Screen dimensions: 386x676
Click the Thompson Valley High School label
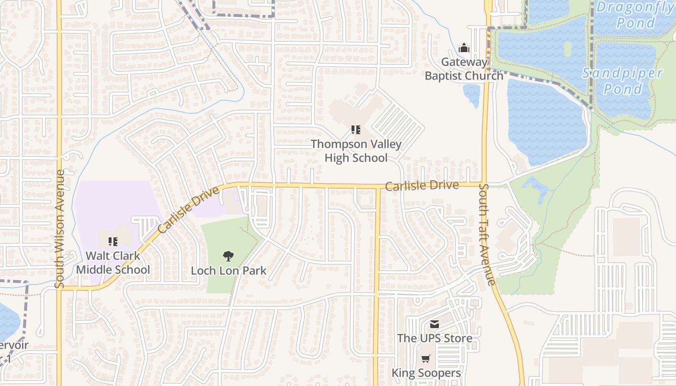[x=356, y=151]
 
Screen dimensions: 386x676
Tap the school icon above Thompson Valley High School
[x=356, y=129]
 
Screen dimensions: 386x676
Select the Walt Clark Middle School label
[x=113, y=262]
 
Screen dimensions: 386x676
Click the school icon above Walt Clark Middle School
[x=113, y=241]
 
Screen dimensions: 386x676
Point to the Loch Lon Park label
[x=228, y=270]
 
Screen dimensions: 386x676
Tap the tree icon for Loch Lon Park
[x=228, y=256]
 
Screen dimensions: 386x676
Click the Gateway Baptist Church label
[x=464, y=69]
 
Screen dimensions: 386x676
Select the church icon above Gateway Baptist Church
[x=464, y=48]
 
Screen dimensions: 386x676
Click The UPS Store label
[x=435, y=338]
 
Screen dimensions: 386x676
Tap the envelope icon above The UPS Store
[x=435, y=324]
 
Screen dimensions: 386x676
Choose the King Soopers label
[x=426, y=373]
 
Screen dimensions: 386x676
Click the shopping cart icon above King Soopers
[x=425, y=359]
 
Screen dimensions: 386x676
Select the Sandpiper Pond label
[x=623, y=81]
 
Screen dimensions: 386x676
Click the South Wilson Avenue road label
[x=60, y=229]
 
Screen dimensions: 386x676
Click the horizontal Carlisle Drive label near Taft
[x=422, y=186]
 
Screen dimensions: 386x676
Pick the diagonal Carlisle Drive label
[x=188, y=210]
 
